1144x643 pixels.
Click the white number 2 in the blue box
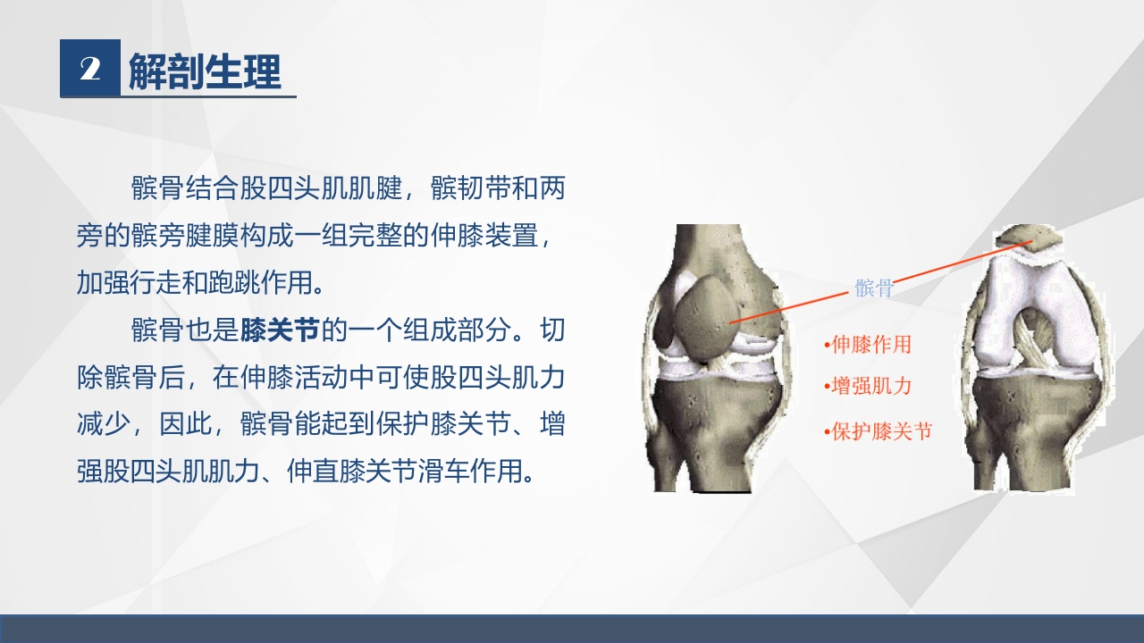89,69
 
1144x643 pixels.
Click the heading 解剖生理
205,71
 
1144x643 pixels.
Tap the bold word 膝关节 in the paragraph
280,330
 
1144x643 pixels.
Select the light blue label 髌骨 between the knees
873,288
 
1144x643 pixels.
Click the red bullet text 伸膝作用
871,344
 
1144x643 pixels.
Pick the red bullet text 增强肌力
871,386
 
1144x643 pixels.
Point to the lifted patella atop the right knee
1029,239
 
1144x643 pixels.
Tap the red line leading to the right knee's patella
956,264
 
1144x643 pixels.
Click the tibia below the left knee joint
715,429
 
